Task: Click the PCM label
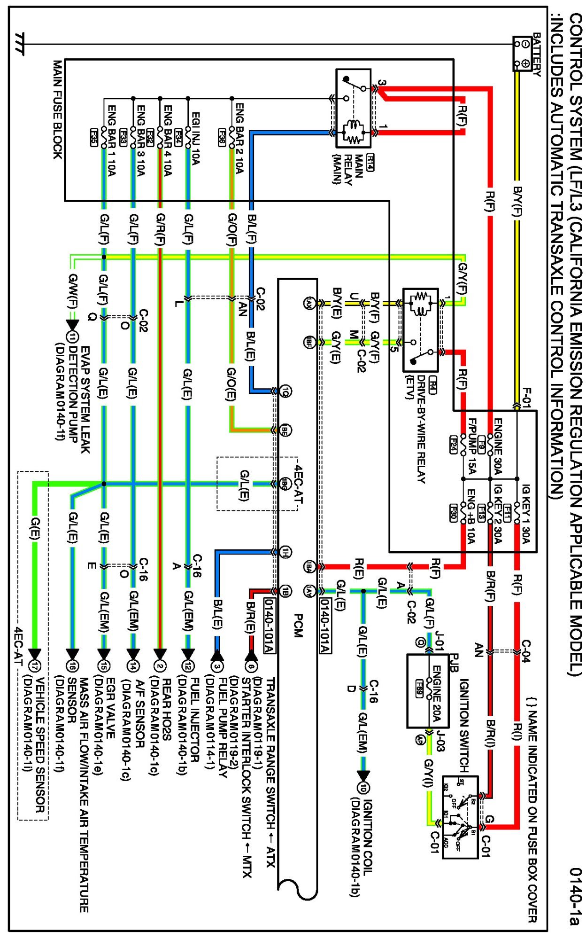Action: click(298, 626)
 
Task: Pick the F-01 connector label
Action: click(527, 398)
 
